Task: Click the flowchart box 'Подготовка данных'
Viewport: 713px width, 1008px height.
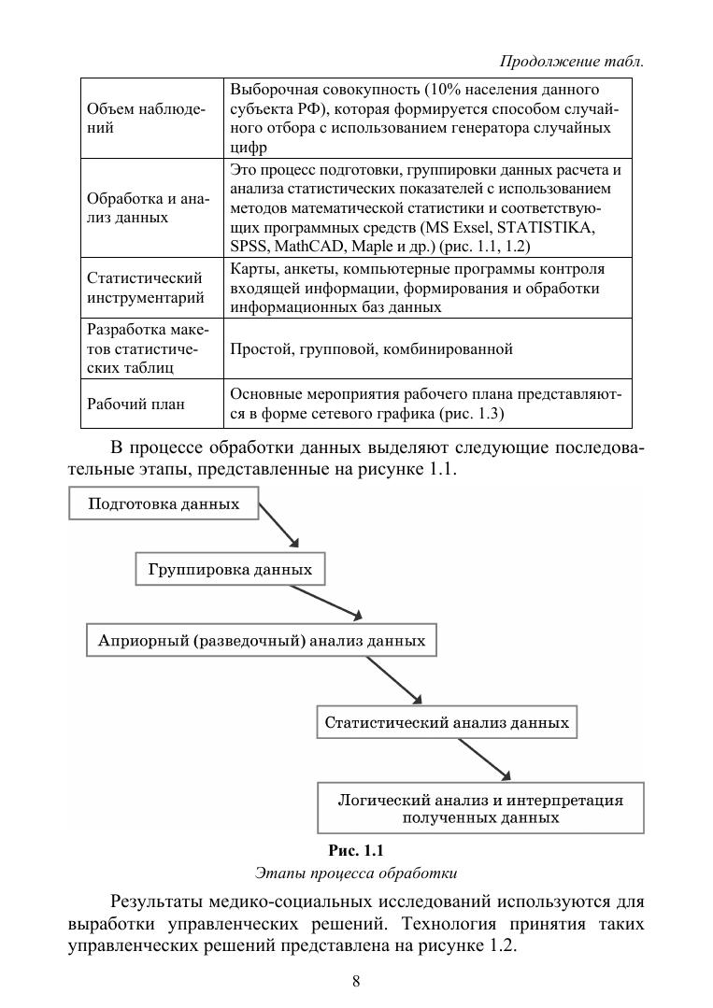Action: (x=164, y=504)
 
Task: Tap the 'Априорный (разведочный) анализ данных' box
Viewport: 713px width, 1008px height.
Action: (x=262, y=641)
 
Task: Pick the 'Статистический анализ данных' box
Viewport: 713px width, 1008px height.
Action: (x=447, y=722)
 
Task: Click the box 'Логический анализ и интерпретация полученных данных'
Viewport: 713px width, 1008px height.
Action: (x=480, y=808)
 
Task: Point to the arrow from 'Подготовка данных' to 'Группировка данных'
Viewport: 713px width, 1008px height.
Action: (x=278, y=526)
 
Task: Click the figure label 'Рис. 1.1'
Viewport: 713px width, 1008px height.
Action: (x=356, y=850)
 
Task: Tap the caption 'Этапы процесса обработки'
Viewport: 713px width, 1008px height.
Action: (x=356, y=874)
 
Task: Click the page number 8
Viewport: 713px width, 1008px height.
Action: (x=356, y=980)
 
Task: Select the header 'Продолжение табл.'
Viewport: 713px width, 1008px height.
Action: (x=572, y=62)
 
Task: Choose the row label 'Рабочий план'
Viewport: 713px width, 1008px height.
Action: (x=135, y=405)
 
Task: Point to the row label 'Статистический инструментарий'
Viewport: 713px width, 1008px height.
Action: (x=145, y=288)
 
